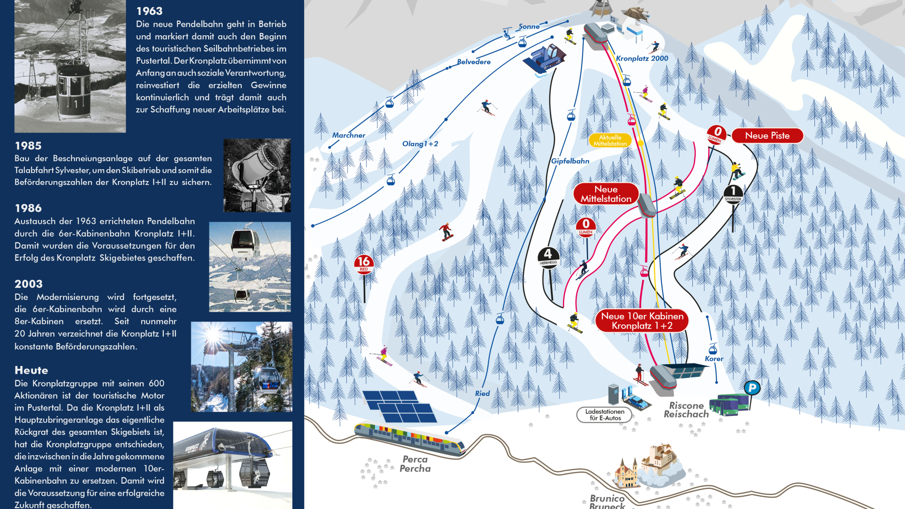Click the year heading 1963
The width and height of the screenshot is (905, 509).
click(149, 11)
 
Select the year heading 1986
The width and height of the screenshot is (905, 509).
click(28, 208)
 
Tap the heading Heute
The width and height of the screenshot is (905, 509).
click(31, 371)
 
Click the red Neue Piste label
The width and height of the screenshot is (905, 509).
click(767, 136)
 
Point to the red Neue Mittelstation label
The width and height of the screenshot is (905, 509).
click(606, 194)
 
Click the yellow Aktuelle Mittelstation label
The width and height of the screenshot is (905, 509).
click(610, 140)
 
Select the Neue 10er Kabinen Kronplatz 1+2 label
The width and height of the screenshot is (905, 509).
click(642, 321)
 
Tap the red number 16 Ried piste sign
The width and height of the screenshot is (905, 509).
click(364, 263)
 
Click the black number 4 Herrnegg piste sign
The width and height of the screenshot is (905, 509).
click(548, 256)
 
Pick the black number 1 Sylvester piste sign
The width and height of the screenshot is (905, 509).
click(733, 193)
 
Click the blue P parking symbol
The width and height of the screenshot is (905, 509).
click(752, 388)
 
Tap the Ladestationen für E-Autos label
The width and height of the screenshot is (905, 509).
click(605, 415)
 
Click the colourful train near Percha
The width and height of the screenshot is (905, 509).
click(410, 437)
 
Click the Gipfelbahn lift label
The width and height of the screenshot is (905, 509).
click(570, 161)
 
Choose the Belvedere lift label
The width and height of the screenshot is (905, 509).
click(474, 62)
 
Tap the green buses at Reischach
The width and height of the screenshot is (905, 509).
click(729, 404)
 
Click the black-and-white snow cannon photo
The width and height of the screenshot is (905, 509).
click(257, 176)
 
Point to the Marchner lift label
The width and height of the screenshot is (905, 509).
click(348, 135)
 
